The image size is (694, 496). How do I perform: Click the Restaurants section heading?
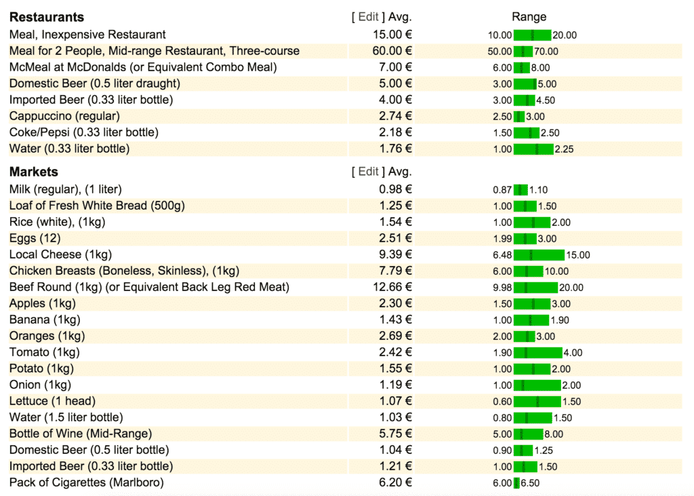[x=47, y=17]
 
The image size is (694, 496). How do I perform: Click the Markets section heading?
[x=34, y=172]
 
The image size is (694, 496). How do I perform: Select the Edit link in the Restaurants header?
[x=368, y=17]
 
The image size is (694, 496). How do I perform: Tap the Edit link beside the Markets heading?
[x=368, y=172]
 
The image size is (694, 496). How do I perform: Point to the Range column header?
[x=529, y=17]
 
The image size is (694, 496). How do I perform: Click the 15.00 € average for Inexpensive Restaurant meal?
[x=392, y=35]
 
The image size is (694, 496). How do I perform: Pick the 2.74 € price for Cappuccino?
[x=395, y=116]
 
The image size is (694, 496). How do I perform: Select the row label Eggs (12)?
[x=35, y=238]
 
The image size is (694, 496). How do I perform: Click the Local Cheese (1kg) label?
[x=60, y=254]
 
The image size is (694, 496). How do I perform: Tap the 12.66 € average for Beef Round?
[x=392, y=287]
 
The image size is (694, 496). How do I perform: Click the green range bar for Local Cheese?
[x=539, y=255]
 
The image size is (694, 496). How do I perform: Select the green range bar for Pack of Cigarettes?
[x=516, y=483]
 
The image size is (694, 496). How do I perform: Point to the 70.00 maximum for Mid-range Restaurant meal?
[x=546, y=52]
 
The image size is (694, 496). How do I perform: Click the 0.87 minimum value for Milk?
[x=502, y=190]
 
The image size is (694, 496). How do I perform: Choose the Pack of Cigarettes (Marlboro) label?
[x=86, y=482]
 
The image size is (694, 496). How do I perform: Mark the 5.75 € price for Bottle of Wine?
[x=395, y=434]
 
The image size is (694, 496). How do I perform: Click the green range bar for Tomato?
[x=537, y=353]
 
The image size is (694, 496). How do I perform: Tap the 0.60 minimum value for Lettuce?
[x=502, y=402]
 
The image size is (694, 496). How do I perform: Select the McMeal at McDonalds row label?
[x=143, y=67]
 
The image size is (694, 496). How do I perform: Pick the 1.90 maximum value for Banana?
[x=559, y=320]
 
